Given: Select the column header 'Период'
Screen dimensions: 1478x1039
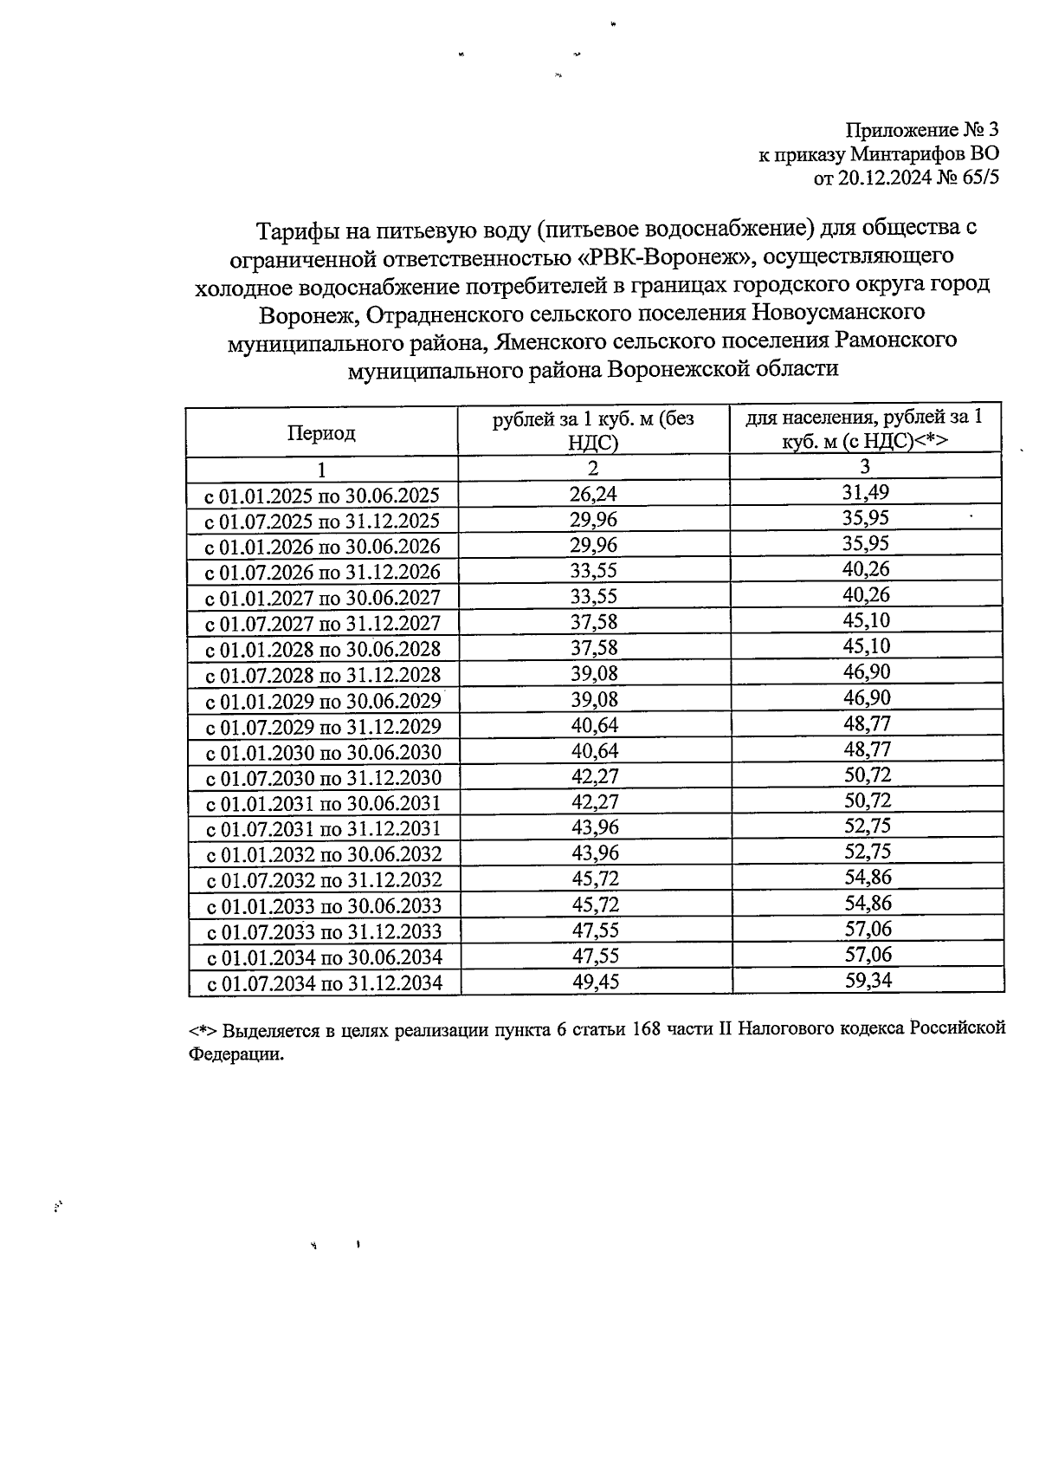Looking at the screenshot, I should click(321, 433).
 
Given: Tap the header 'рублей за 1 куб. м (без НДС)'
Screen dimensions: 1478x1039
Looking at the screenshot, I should click(593, 431).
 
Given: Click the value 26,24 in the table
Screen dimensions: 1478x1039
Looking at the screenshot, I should click(593, 494).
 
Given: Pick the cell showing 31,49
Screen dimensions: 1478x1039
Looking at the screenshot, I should click(867, 493).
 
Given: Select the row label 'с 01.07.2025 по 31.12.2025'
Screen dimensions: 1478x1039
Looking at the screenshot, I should click(321, 522).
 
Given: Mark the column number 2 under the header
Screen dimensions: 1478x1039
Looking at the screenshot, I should click(593, 469).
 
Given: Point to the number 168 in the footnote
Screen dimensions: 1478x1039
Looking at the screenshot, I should click(649, 1029).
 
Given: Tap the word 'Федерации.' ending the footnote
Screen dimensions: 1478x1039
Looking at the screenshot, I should click(236, 1055).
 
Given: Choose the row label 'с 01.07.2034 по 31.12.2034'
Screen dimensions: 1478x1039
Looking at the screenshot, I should click(323, 984).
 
